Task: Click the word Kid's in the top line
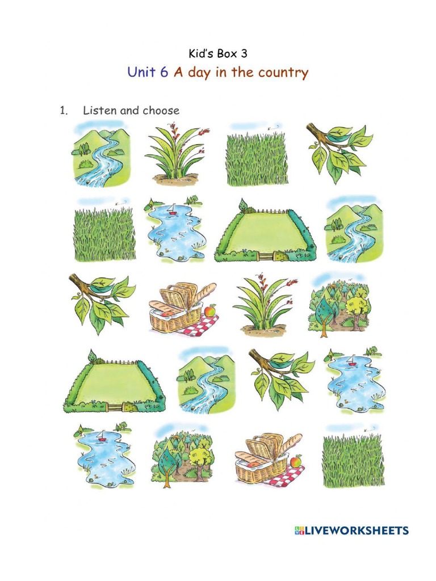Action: (x=200, y=54)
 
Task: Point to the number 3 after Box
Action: (x=244, y=54)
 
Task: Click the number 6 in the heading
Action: (x=163, y=73)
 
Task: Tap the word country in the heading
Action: (x=283, y=73)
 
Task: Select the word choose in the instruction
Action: (x=161, y=110)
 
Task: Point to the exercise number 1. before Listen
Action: (x=64, y=110)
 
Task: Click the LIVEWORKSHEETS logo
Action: (x=351, y=531)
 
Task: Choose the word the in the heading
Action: (x=242, y=73)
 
